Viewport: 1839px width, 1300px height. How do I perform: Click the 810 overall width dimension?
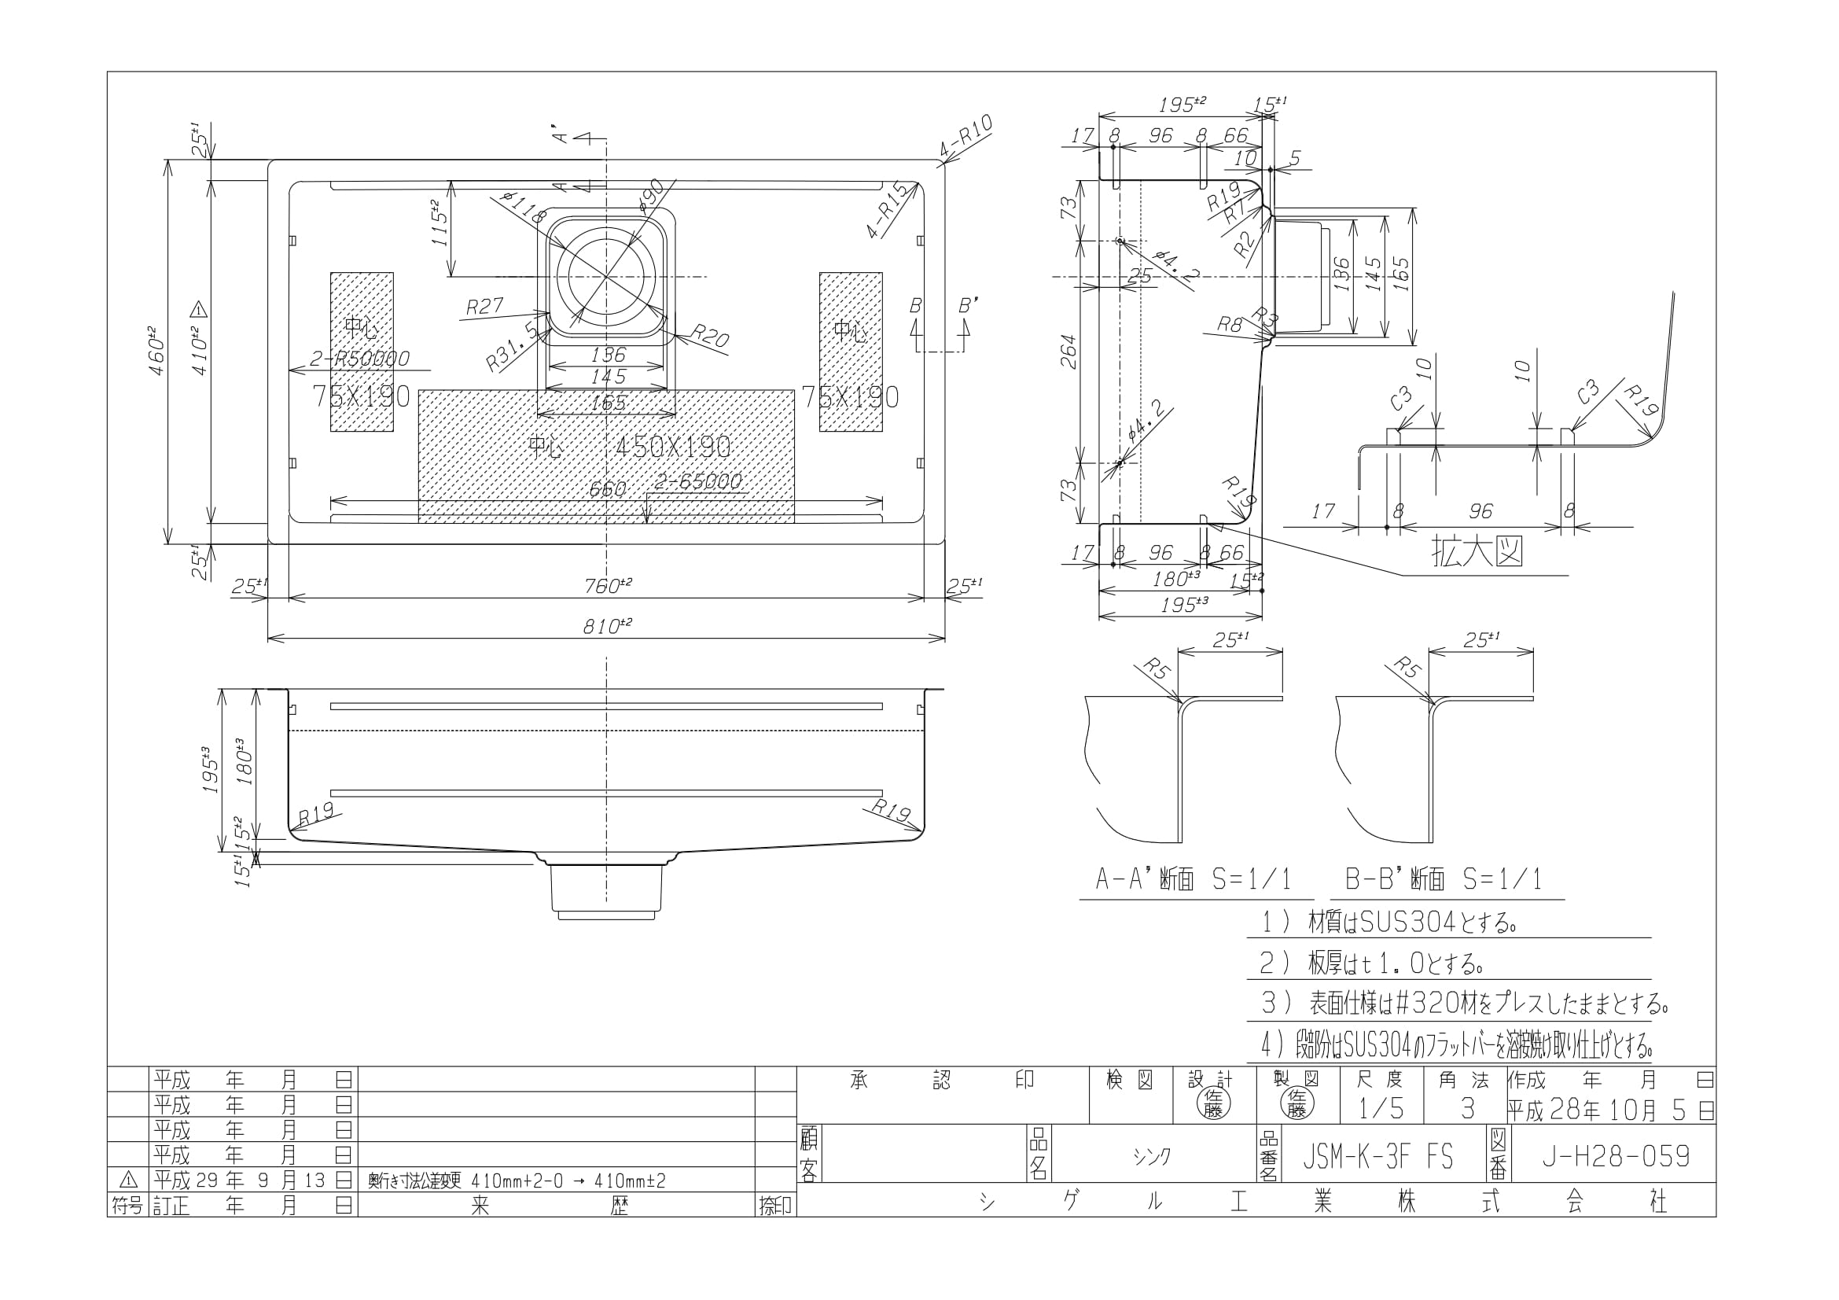pyautogui.click(x=606, y=625)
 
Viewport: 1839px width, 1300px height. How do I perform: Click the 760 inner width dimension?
pyautogui.click(x=606, y=586)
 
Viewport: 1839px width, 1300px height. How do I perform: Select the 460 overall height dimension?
pyautogui.click(x=158, y=351)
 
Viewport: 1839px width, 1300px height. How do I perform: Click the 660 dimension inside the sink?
pyautogui.click(x=606, y=488)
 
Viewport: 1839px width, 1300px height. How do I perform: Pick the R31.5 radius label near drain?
pyautogui.click(x=513, y=346)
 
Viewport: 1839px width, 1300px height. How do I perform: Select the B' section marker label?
pyautogui.click(x=968, y=306)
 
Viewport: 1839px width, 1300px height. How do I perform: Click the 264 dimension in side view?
pyautogui.click(x=1068, y=351)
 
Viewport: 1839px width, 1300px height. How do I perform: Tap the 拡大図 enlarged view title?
pyautogui.click(x=1477, y=553)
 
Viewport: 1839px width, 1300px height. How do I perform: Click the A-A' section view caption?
pyautogui.click(x=1194, y=880)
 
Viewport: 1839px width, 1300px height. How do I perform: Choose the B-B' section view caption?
pyautogui.click(x=1444, y=880)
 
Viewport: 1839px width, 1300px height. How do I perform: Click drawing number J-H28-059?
pyautogui.click(x=1616, y=1156)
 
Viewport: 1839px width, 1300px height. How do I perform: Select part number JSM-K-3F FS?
pyautogui.click(x=1377, y=1156)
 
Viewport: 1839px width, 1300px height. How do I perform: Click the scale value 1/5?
pyautogui.click(x=1381, y=1109)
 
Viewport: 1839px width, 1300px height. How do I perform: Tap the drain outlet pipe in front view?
pyautogui.click(x=606, y=889)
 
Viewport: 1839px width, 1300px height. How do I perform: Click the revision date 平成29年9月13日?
pyautogui.click(x=252, y=1180)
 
